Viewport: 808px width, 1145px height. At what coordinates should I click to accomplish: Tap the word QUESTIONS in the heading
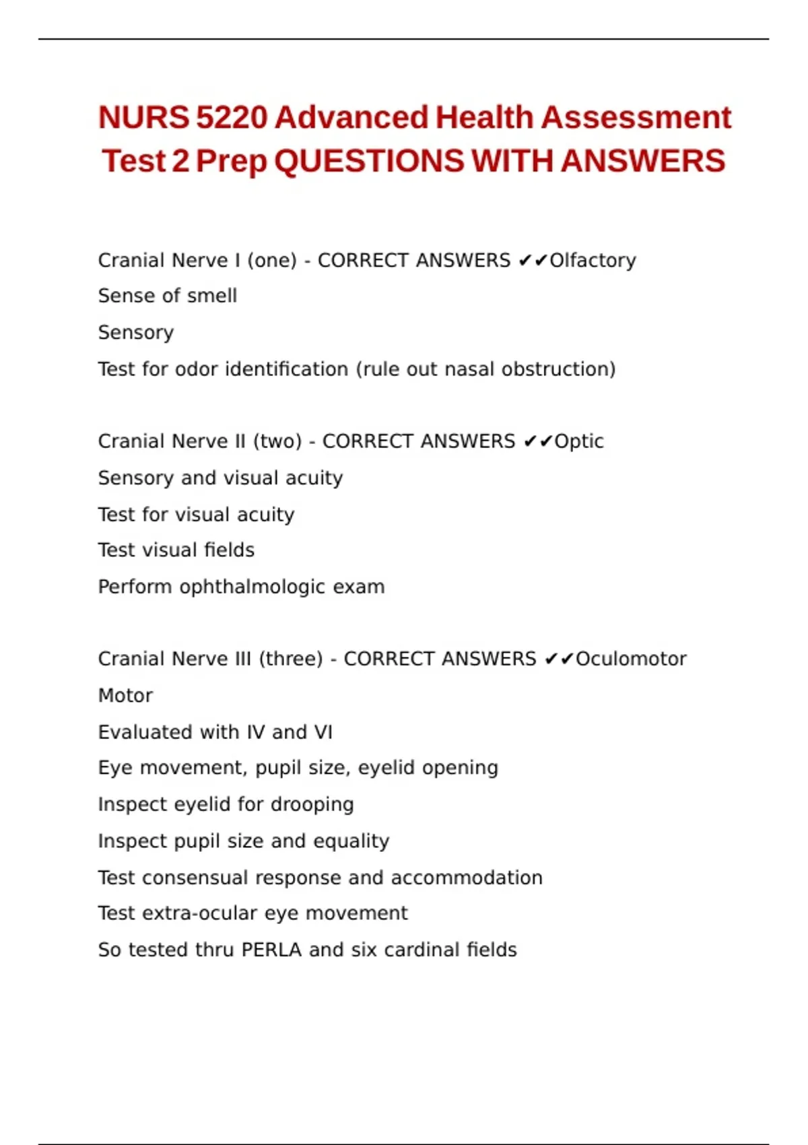(369, 162)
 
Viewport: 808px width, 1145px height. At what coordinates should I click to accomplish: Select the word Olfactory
(593, 261)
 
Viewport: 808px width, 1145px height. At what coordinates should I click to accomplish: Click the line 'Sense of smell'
(168, 296)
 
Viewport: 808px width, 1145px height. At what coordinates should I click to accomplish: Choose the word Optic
(579, 442)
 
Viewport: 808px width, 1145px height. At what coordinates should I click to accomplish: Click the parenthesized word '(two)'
(277, 442)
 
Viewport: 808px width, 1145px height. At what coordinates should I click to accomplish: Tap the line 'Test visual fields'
(176, 550)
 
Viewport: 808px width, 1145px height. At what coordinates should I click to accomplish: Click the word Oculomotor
(631, 659)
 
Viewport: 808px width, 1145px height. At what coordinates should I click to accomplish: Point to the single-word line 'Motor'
(125, 696)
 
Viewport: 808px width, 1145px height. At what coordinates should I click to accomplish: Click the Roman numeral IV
(255, 732)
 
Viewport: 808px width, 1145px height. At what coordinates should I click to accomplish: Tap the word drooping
(312, 805)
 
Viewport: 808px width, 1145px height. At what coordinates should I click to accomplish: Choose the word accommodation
(467, 878)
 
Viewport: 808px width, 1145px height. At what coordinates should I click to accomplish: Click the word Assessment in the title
(636, 118)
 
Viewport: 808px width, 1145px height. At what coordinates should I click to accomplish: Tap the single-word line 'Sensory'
(136, 333)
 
